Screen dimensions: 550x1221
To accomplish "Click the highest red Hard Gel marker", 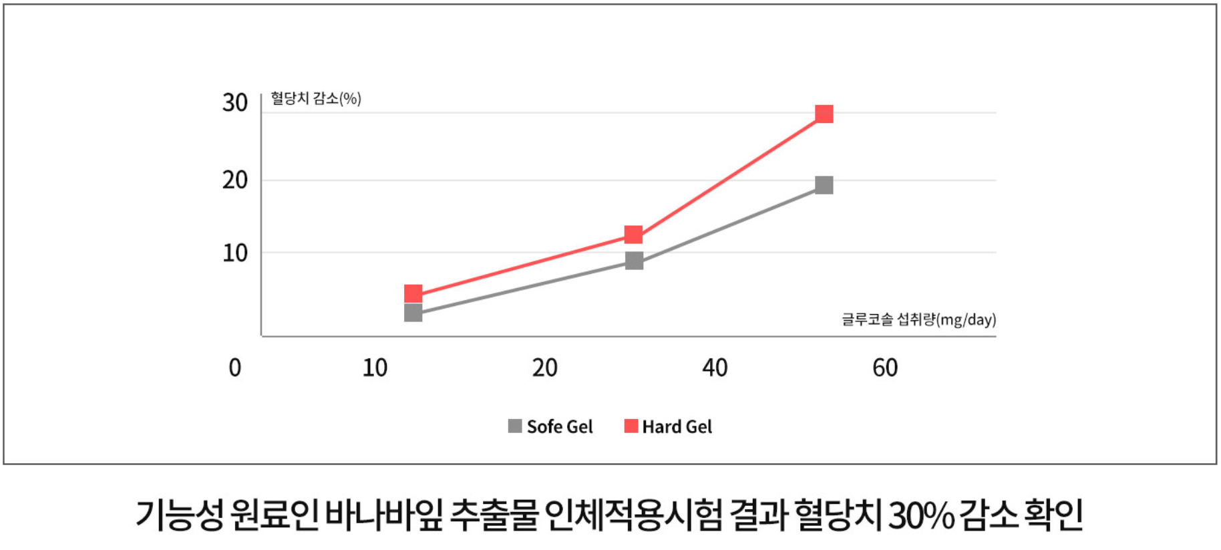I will point(824,114).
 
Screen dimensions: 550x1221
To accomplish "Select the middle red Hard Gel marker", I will point(633,235).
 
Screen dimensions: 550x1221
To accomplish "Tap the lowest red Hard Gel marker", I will point(413,293).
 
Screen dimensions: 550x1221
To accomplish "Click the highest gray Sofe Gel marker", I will point(824,185).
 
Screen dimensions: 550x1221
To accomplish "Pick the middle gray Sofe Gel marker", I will point(634,261).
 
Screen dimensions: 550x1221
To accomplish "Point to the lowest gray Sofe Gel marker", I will point(413,313).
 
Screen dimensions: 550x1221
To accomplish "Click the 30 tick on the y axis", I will point(235,103).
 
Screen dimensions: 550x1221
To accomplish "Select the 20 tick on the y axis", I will point(235,180).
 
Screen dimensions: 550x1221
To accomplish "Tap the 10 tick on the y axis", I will point(235,253).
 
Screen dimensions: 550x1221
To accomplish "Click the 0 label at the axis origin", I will point(235,368).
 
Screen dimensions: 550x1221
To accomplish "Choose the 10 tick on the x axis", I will point(375,368).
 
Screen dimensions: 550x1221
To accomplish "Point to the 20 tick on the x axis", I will point(545,368).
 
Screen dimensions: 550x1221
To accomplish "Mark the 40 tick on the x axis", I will point(715,368).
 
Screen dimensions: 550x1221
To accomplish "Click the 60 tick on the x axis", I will point(885,368).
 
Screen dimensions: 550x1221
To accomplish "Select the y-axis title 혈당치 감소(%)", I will point(316,99).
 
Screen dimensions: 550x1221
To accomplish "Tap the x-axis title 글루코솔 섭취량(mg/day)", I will point(918,319).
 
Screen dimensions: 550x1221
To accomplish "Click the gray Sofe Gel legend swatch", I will point(515,426).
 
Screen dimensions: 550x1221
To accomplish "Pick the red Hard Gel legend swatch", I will point(631,426).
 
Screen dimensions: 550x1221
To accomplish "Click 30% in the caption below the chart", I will point(920,515).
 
